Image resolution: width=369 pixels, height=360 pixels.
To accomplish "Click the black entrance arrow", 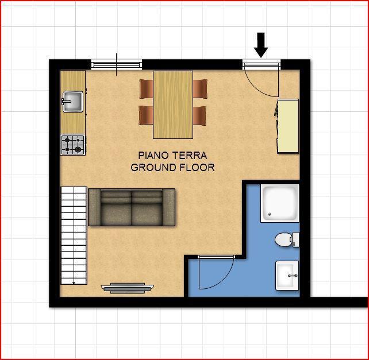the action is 261,45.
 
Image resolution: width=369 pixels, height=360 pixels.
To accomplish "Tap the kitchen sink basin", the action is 73,102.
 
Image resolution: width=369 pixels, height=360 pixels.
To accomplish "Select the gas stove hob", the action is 73,145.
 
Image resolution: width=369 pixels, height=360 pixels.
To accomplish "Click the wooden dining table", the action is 173,104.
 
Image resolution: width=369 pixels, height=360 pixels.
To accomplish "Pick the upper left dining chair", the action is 146,89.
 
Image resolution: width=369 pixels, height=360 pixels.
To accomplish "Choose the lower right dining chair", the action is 200,115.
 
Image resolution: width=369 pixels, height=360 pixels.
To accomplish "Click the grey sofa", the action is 132,207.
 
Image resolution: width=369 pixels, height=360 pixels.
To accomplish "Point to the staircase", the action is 74,235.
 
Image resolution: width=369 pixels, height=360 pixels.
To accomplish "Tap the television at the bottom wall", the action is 128,288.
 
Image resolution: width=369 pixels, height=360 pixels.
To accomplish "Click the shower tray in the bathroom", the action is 280,203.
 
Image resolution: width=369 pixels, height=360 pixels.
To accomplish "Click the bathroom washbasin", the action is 287,276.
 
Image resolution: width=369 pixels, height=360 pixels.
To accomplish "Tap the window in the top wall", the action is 117,65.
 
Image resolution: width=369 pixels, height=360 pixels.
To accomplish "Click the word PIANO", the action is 153,156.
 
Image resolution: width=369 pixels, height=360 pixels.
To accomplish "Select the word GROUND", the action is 153,168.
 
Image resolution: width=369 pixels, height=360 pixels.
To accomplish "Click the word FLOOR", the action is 197,168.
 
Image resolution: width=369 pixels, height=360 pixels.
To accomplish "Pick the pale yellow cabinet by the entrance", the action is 288,126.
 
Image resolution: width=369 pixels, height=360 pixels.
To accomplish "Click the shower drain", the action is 270,214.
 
